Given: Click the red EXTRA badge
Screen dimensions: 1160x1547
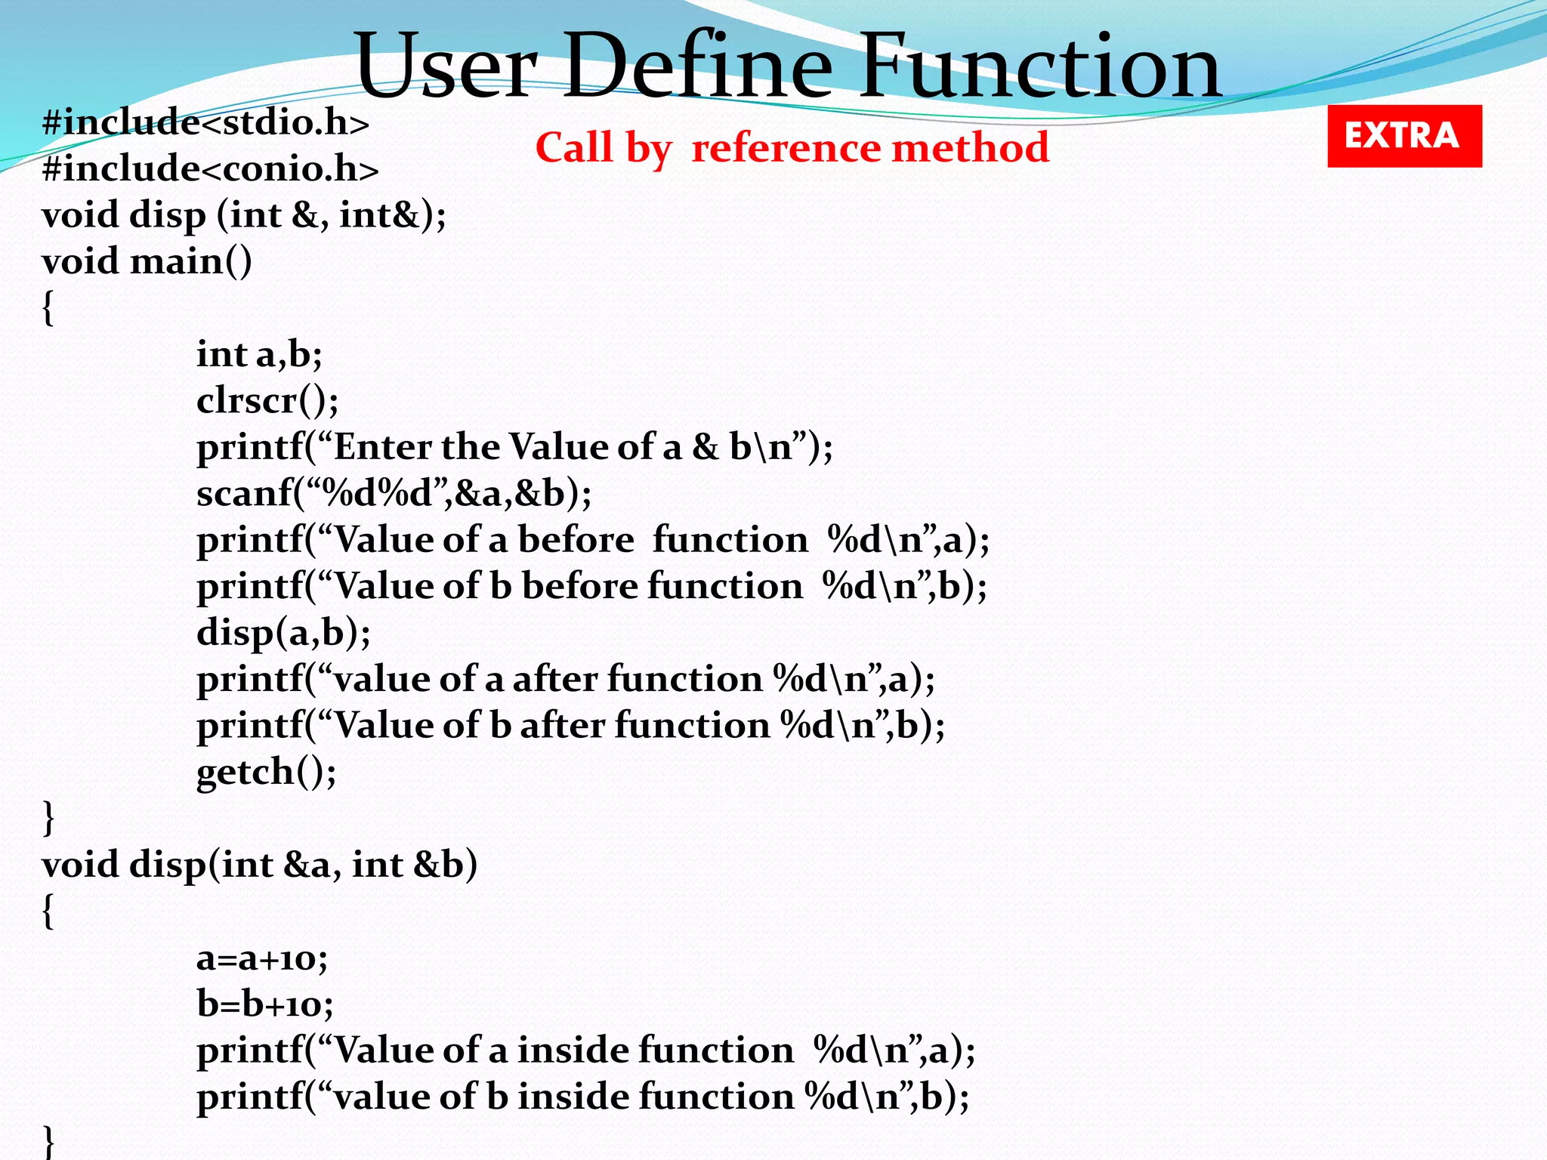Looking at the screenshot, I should (1404, 136).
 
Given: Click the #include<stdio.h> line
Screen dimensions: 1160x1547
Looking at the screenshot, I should (205, 122).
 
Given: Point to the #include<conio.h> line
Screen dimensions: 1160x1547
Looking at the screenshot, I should (210, 168).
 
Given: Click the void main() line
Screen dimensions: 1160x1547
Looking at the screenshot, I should (147, 262).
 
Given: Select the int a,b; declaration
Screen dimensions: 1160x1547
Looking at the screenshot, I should (259, 354).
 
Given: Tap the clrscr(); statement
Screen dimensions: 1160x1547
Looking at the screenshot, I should (267, 400).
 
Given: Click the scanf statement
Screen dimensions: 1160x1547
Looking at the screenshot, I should (394, 493).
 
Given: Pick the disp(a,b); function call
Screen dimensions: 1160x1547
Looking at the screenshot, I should (283, 632).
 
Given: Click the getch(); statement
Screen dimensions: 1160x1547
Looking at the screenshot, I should (266, 772).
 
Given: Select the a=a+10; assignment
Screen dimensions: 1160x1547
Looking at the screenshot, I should (261, 958).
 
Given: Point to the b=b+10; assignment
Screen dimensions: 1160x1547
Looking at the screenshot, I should (264, 1004).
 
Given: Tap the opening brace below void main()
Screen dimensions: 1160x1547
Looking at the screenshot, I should (48, 308).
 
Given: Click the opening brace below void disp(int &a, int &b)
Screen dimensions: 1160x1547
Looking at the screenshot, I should (48, 912).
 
